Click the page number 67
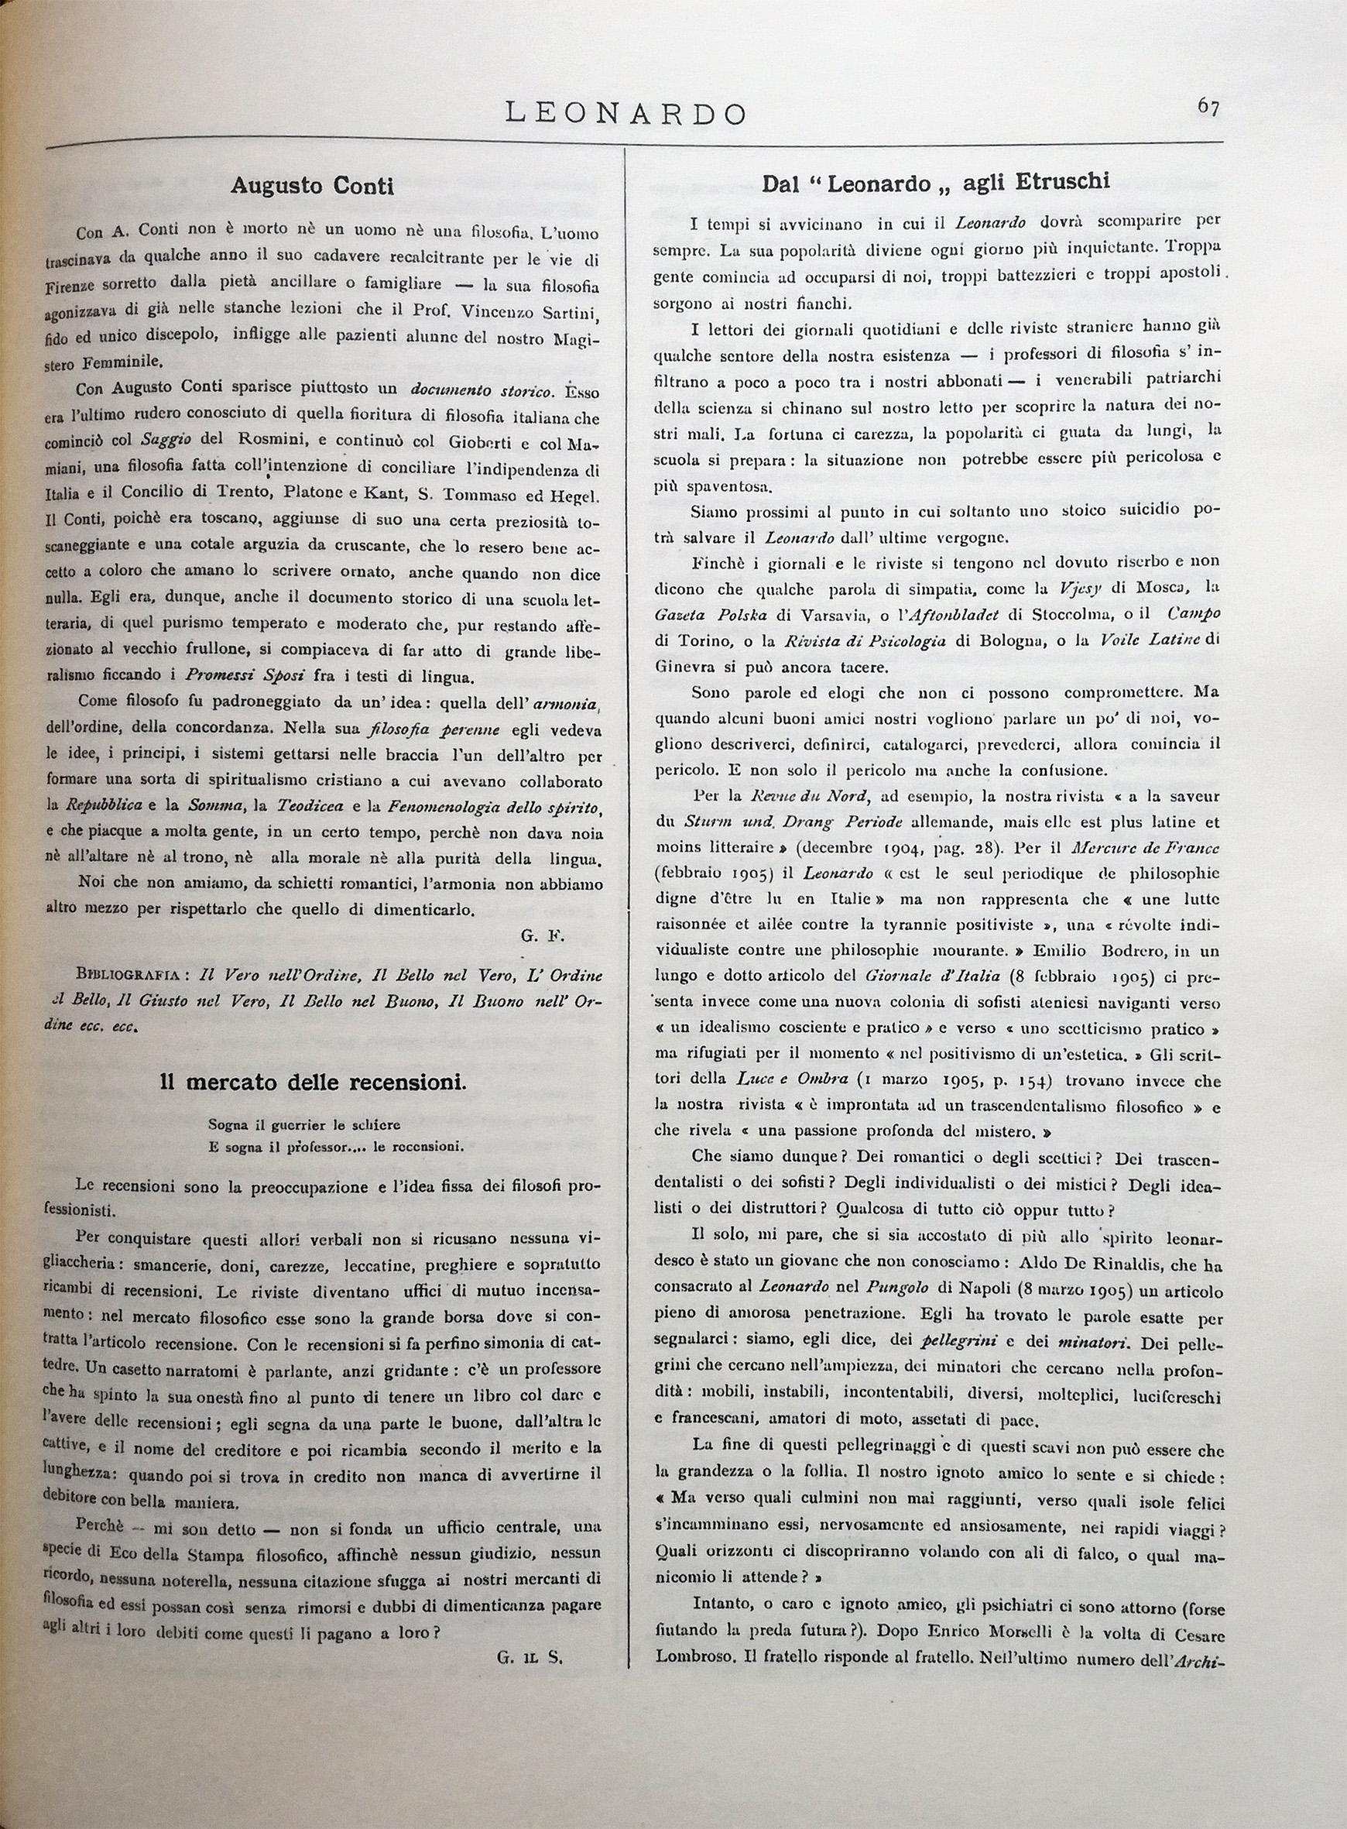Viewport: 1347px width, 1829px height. pyautogui.click(x=1208, y=107)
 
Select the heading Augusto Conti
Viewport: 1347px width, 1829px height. pyautogui.click(x=311, y=186)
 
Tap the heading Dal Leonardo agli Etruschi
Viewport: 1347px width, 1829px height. pyautogui.click(x=935, y=183)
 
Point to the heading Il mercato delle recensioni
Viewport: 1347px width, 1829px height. pyautogui.click(x=313, y=1082)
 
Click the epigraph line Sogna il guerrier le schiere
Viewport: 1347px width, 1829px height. pyautogui.click(x=304, y=1125)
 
